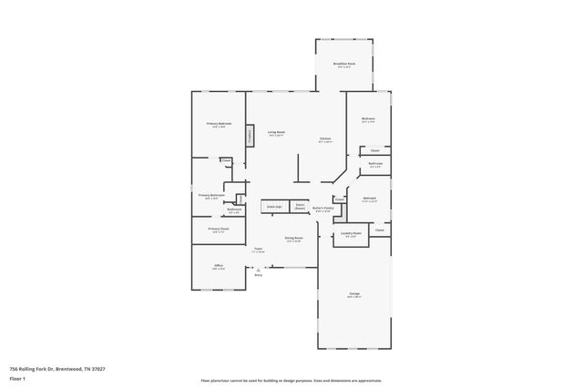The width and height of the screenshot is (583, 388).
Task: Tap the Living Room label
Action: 276,134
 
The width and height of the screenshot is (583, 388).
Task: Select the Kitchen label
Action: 324,139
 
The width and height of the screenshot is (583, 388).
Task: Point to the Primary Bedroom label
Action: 219,125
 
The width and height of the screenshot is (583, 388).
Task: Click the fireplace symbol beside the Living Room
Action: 248,136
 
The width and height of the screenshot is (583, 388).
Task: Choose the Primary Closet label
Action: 218,230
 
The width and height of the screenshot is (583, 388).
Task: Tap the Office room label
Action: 218,267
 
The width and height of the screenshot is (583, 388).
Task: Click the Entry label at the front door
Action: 258,275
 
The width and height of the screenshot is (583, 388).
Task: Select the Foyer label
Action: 259,250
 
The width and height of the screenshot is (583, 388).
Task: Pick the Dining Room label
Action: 292,239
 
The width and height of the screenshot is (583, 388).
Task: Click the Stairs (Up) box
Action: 273,208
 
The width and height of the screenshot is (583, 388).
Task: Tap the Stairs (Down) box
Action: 299,208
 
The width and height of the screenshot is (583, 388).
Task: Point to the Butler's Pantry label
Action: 323,209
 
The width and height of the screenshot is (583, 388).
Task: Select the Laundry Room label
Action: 351,234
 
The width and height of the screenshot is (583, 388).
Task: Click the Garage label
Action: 353,294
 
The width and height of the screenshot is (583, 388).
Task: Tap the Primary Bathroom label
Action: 211,195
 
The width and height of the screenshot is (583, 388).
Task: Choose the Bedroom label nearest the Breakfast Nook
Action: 369,119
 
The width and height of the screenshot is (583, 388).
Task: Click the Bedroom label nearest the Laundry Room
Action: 369,199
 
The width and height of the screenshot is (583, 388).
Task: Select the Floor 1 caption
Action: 17,377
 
